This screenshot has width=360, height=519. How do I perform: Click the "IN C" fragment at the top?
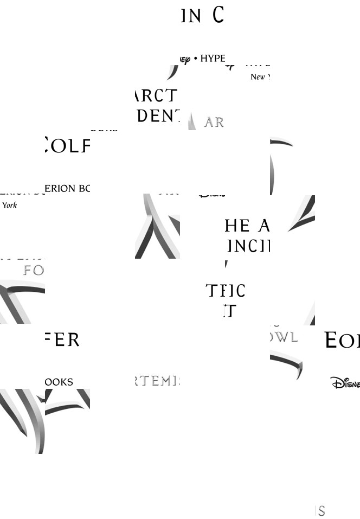[x=202, y=16]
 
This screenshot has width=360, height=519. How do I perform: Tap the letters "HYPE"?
[x=213, y=59]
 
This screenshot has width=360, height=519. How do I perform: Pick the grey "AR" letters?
[x=214, y=123]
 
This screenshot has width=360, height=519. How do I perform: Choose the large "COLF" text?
[x=67, y=145]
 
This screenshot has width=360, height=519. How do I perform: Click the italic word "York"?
[x=10, y=206]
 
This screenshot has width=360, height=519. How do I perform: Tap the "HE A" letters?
[x=247, y=226]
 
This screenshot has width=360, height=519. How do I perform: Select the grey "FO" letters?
[x=34, y=270]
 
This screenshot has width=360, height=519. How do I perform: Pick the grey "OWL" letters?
[x=285, y=337]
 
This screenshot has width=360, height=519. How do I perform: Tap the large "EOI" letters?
[x=342, y=341]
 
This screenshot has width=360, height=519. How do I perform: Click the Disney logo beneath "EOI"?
[x=345, y=383]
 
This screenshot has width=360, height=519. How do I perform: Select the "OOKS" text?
[x=59, y=382]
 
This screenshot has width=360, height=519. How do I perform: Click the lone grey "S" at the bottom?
[x=322, y=511]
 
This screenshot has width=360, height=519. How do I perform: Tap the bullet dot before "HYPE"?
[x=196, y=59]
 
